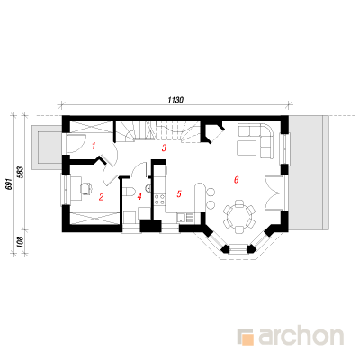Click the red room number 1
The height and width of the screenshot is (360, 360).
(94, 147)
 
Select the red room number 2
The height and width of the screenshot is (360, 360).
(101, 197)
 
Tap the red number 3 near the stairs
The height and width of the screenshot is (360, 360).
(164, 148)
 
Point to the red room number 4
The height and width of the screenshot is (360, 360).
(139, 197)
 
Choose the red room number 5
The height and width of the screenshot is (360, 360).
(179, 194)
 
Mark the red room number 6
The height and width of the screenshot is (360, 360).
(237, 180)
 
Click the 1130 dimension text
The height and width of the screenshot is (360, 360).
(175, 100)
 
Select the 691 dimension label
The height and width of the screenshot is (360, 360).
(9, 184)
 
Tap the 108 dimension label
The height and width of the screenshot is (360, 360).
(21, 242)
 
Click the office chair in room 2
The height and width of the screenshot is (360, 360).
(86, 189)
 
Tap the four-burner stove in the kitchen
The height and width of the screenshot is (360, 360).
(159, 200)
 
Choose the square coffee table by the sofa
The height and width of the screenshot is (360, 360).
(247, 148)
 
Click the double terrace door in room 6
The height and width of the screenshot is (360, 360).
(274, 193)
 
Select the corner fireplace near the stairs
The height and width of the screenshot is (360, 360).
(213, 131)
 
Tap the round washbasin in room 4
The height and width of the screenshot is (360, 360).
(148, 188)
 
